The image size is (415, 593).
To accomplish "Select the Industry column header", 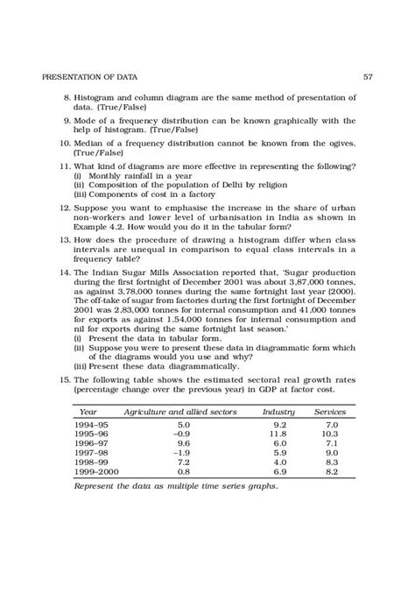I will pyautogui.click(x=279, y=411).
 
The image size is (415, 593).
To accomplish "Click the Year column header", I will pyautogui.click(x=88, y=411).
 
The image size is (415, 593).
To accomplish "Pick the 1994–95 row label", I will pyautogui.click(x=92, y=424).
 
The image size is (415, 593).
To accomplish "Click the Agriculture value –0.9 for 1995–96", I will pyautogui.click(x=181, y=434).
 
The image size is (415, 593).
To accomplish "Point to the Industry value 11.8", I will pyautogui.click(x=278, y=434).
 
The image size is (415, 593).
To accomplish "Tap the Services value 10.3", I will pyautogui.click(x=329, y=434).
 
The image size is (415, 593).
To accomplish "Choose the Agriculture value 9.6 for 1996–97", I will pyautogui.click(x=183, y=443).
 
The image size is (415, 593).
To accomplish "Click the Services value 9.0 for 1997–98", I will pyautogui.click(x=330, y=453).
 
